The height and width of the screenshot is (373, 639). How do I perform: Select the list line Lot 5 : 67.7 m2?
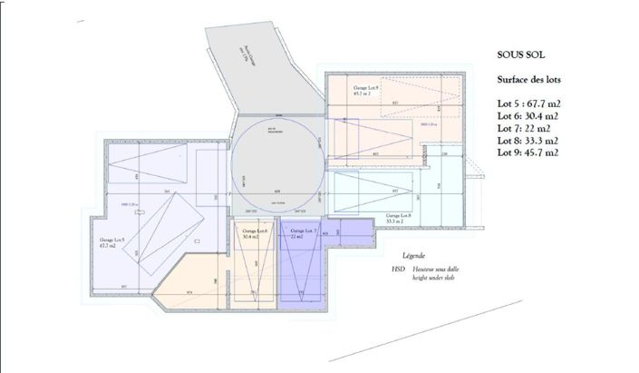click(x=529, y=103)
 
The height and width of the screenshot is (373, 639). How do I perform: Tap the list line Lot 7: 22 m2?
click(x=523, y=128)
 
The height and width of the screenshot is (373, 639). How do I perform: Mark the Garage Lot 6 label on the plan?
click(x=256, y=233)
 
